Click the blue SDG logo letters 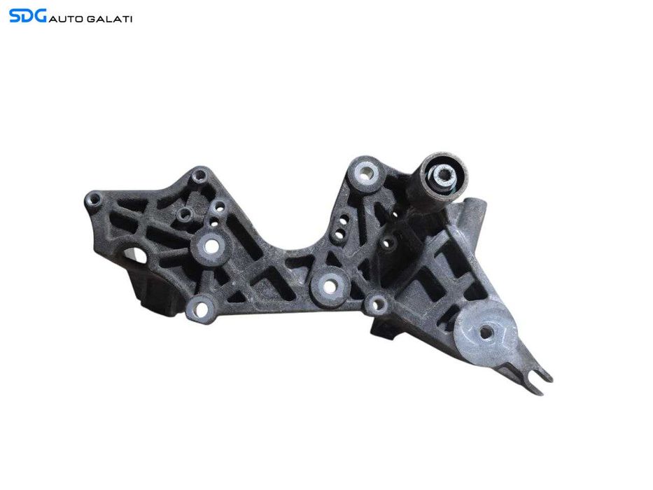[x=27, y=16]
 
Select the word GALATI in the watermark [x=110, y=19]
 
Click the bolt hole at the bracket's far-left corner [x=94, y=199]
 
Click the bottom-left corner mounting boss [x=201, y=308]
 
